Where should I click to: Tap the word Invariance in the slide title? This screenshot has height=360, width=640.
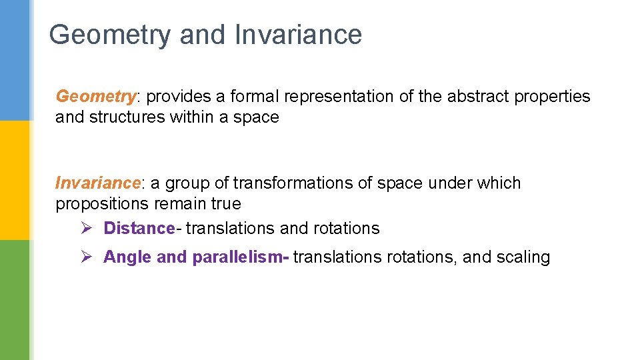[298, 35]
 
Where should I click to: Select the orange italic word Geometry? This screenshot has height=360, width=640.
[95, 97]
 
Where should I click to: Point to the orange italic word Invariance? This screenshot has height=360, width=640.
[98, 183]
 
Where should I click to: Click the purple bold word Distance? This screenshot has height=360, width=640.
[139, 228]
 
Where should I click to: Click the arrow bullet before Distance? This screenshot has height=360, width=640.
[85, 228]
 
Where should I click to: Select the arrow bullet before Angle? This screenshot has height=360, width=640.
[85, 257]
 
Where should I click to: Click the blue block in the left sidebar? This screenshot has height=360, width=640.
[15, 60]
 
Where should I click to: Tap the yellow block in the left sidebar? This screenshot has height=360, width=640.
[15, 180]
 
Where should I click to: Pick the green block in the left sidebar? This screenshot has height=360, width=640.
[15, 300]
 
